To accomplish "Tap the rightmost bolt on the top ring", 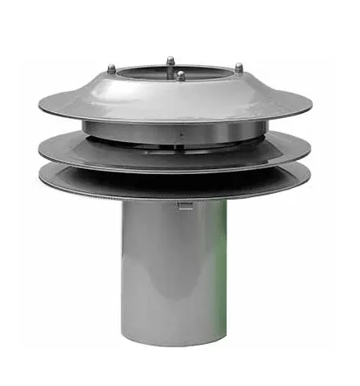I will (x=239, y=67).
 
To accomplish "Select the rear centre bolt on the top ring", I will (x=170, y=60).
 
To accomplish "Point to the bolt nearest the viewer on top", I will (x=180, y=75).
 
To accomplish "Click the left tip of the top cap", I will (x=40, y=103).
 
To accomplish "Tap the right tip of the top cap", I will (x=311, y=105).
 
